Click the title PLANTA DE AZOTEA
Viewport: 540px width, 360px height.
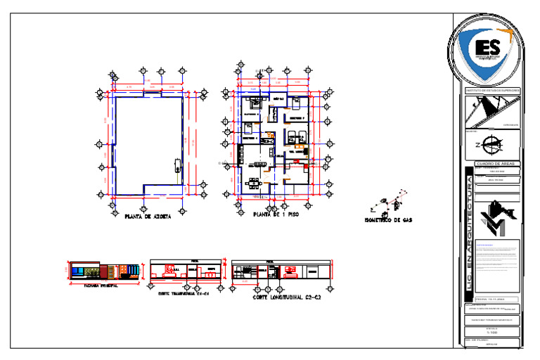pos(147,217)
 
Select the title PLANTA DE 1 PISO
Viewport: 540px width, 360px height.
pos(276,214)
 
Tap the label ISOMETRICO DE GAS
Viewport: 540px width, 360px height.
pos(388,220)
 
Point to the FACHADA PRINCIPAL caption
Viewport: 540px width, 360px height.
pos(101,286)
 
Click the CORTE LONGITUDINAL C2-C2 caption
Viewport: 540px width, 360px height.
pos(287,297)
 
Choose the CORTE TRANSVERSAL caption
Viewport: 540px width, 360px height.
pos(184,293)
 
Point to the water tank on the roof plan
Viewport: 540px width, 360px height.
pos(176,165)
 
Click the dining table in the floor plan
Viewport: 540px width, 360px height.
pos(254,184)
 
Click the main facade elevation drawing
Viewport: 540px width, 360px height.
pos(104,272)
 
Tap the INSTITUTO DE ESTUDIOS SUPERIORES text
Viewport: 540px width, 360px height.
pos(493,91)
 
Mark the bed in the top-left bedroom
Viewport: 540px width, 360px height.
pos(252,103)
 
